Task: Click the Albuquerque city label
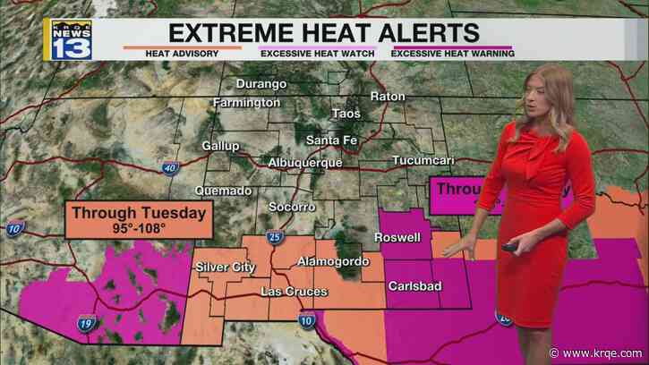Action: (x=304, y=163)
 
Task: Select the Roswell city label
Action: (x=397, y=239)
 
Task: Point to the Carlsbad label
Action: (x=413, y=286)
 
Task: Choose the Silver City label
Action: (x=226, y=267)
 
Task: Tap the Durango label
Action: (x=261, y=84)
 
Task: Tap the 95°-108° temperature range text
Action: (x=139, y=229)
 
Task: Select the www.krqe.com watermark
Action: (x=617, y=352)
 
